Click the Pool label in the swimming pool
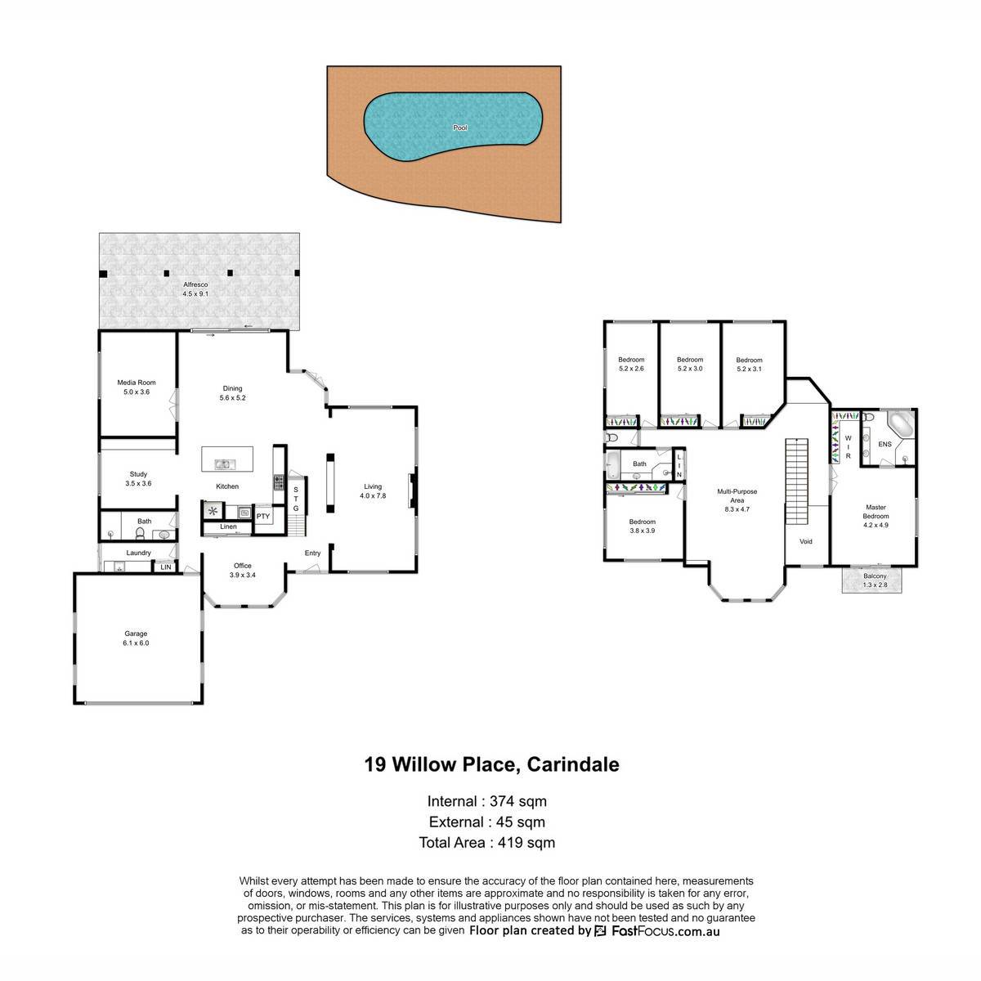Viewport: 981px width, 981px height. pyautogui.click(x=459, y=128)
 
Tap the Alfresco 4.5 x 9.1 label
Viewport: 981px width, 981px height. pyautogui.click(x=195, y=289)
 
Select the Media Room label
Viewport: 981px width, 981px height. pyautogui.click(x=137, y=383)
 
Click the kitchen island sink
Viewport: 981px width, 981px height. pyautogui.click(x=222, y=464)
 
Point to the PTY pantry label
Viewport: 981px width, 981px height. pyautogui.click(x=262, y=516)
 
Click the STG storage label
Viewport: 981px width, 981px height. pyautogui.click(x=296, y=499)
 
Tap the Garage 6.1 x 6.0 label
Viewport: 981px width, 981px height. pyautogui.click(x=136, y=638)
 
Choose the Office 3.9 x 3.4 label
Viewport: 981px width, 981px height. pyautogui.click(x=243, y=570)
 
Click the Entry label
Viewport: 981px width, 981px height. pyautogui.click(x=312, y=553)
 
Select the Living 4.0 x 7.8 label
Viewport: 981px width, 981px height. pyautogui.click(x=373, y=490)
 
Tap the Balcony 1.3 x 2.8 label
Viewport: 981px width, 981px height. pyautogui.click(x=875, y=580)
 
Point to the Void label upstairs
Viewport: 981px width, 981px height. pyautogui.click(x=806, y=541)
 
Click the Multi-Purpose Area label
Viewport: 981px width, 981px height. pyautogui.click(x=737, y=496)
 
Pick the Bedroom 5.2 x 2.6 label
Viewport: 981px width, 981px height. pyautogui.click(x=631, y=364)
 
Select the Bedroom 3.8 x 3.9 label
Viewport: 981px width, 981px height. pyautogui.click(x=642, y=526)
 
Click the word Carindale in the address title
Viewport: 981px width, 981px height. pyautogui.click(x=573, y=764)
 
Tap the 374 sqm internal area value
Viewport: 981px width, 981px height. pyautogui.click(x=518, y=801)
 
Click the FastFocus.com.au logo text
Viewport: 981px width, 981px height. pyautogui.click(x=666, y=931)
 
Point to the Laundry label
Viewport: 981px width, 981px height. pyautogui.click(x=138, y=553)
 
